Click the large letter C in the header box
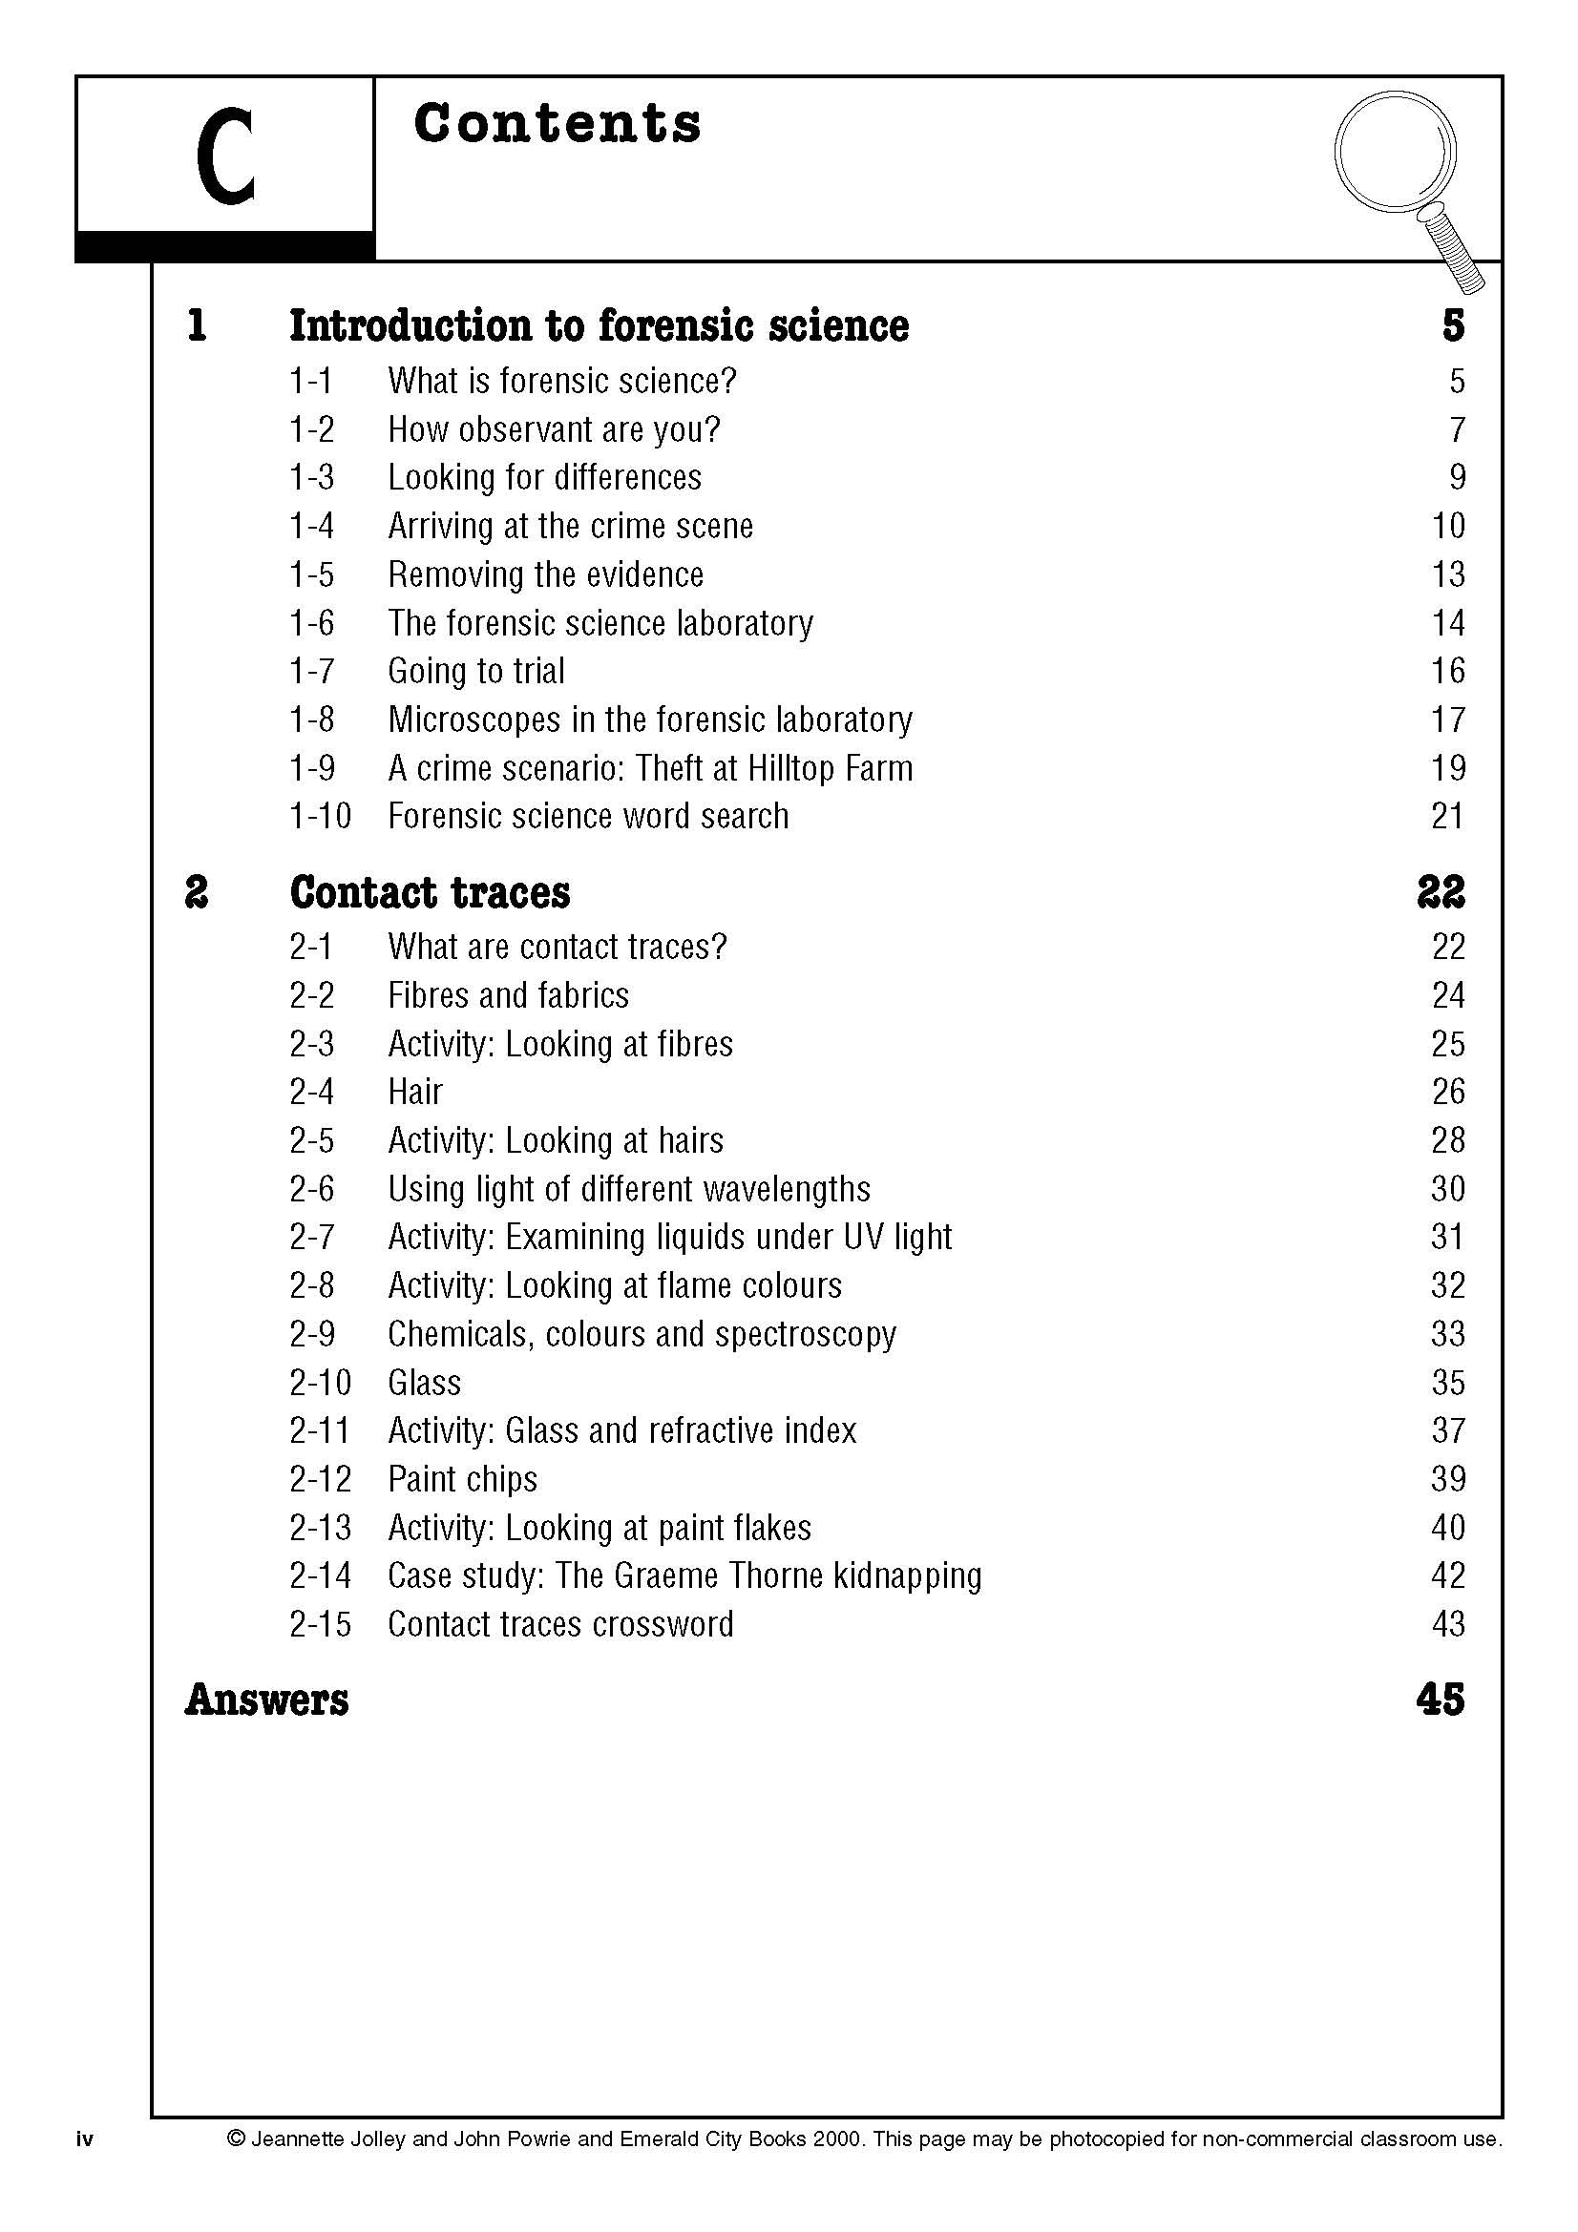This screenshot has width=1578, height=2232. pos(224,157)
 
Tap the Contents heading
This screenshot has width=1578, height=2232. pos(557,124)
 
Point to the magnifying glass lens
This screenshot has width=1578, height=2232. pos(1397,151)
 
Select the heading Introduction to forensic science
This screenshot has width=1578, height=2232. pos(599,325)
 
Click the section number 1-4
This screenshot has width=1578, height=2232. pos(311,526)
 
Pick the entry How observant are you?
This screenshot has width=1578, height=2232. pos(555,428)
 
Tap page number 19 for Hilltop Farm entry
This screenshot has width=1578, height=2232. pos(1448,768)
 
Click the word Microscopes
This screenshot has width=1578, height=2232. pos(472,720)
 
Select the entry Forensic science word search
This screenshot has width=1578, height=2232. pos(588,816)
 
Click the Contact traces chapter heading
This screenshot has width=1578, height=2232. pos(430,892)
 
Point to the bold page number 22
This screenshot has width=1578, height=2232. pos(1441,892)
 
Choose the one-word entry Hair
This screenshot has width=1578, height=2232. pos(415,1092)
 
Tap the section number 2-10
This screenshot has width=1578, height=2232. pos(320,1382)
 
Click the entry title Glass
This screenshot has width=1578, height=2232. pos(424,1382)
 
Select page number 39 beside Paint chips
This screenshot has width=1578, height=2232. pos(1448,1478)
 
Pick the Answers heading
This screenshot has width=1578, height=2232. pos(266,1700)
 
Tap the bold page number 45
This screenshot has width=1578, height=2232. pos(1441,1700)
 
